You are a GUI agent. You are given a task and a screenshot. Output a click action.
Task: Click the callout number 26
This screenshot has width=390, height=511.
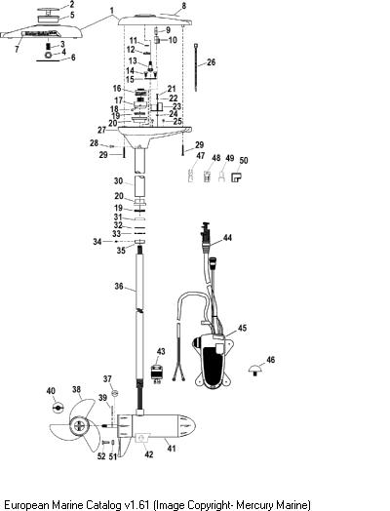coord(212,61)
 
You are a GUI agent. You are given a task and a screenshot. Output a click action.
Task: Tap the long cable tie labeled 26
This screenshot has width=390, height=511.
coord(197,67)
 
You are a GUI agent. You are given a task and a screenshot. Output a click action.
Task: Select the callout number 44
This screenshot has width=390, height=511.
coord(227,238)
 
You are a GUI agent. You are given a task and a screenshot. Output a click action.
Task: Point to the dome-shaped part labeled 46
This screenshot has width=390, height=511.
coord(254,370)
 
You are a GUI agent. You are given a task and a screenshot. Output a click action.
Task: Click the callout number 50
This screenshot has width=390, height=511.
coord(244,160)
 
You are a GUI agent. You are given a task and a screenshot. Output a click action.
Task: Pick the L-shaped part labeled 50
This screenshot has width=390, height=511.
coord(236,177)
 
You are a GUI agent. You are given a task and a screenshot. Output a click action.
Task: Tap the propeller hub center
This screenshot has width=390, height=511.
coord(79,425)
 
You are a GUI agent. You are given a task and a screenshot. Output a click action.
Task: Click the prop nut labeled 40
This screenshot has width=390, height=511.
coord(58,408)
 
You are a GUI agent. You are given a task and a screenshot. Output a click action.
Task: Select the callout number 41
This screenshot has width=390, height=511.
coord(172,449)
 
